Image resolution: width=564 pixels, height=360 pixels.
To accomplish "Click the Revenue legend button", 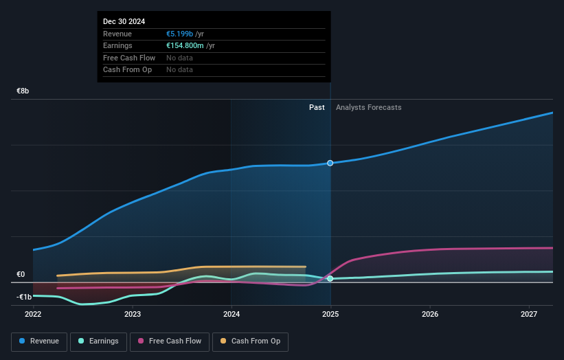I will coord(38,341).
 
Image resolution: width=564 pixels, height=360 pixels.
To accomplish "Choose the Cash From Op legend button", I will coord(249,341).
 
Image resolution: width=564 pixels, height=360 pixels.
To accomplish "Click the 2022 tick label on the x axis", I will coord(33,315).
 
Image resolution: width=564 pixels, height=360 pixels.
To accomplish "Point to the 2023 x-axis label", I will coord(133,315).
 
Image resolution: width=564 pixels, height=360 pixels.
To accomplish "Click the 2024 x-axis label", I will coord(232,315).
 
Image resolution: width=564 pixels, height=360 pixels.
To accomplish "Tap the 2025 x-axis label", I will coord(330,315).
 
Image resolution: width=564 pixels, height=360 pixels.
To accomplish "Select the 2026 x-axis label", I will coord(430,315).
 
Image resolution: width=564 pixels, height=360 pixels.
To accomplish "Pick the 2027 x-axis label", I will coord(529,315).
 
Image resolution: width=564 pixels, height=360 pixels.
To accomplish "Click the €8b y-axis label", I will coord(23,91).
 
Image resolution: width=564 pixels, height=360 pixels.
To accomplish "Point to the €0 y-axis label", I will coord(21,275).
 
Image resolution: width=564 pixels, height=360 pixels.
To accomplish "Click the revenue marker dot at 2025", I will coord(330,163).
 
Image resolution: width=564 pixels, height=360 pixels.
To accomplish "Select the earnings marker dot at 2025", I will coord(330,278).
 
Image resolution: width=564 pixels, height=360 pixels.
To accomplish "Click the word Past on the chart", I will coord(317,107).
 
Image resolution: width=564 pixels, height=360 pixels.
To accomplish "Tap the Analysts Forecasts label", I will coord(368,107).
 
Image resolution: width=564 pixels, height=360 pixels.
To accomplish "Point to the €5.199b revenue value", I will coord(180,34).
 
